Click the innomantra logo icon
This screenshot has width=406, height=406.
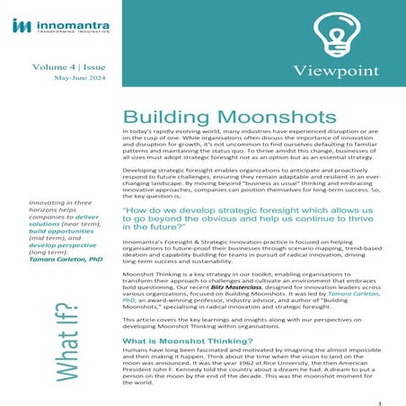19,26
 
